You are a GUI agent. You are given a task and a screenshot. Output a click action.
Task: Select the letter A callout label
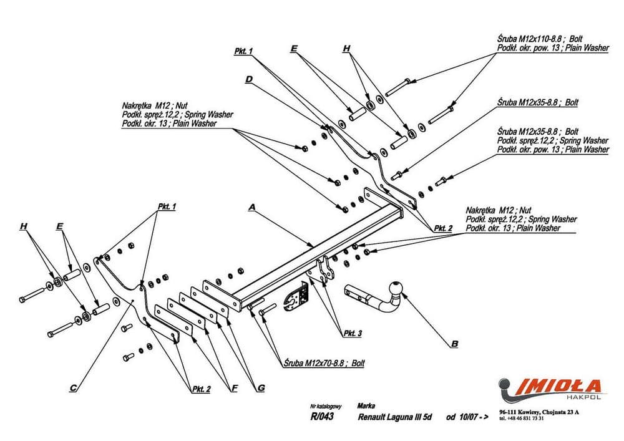tap(251, 206)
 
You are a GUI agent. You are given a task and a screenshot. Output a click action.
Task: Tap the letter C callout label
tap(73, 388)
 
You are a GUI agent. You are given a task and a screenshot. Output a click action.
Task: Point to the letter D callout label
tap(248, 79)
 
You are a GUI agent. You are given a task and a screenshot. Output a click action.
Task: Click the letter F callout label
tap(234, 388)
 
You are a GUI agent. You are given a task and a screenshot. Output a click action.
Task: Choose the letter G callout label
tap(261, 388)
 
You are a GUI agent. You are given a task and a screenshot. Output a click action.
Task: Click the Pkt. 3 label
tap(352, 334)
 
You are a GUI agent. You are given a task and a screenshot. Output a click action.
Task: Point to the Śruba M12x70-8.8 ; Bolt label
tap(323, 362)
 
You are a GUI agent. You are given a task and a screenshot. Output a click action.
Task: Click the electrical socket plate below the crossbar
tap(296, 299)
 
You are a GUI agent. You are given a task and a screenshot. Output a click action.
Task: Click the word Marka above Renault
tap(367, 405)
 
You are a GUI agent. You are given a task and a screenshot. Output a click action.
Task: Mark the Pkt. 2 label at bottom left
tap(200, 389)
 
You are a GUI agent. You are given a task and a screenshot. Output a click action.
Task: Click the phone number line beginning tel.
tap(522, 419)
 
